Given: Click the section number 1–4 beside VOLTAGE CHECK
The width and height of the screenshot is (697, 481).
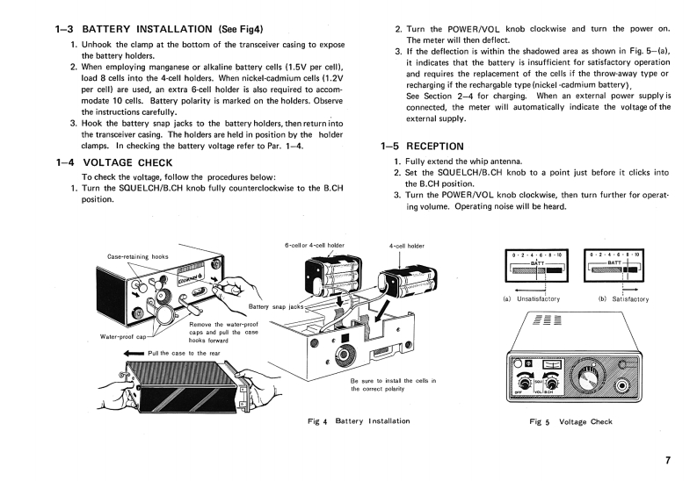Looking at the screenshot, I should point(67,162).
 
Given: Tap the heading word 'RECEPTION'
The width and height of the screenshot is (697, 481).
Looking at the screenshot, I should point(435,146).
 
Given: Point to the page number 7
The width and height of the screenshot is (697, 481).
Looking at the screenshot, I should point(669,460).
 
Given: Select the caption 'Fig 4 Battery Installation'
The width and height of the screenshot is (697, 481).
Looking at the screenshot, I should point(359,421).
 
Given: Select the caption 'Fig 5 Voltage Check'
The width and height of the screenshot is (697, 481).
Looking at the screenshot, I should point(570,422).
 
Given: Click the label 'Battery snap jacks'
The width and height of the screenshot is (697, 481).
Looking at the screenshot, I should point(276,307).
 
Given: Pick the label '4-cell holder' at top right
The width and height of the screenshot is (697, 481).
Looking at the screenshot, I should point(406,246).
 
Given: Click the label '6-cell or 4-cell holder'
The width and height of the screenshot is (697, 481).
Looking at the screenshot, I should point(315,246).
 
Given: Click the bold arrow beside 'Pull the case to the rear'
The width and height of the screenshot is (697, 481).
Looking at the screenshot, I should point(134,353).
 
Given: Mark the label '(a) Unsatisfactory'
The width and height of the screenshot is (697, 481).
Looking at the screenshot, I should point(530,299).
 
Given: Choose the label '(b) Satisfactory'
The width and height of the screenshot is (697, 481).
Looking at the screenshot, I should point(622,299).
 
